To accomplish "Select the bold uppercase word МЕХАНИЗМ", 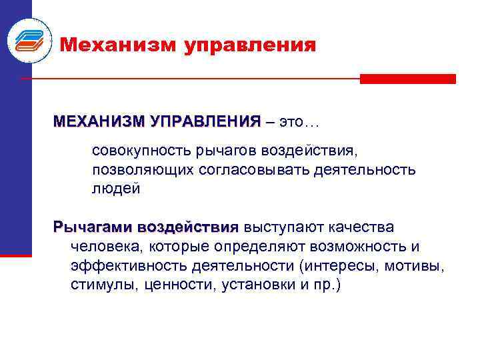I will tap(99, 123).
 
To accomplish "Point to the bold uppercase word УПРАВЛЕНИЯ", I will tap(207, 123).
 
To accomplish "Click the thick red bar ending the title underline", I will tap(407, 79).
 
